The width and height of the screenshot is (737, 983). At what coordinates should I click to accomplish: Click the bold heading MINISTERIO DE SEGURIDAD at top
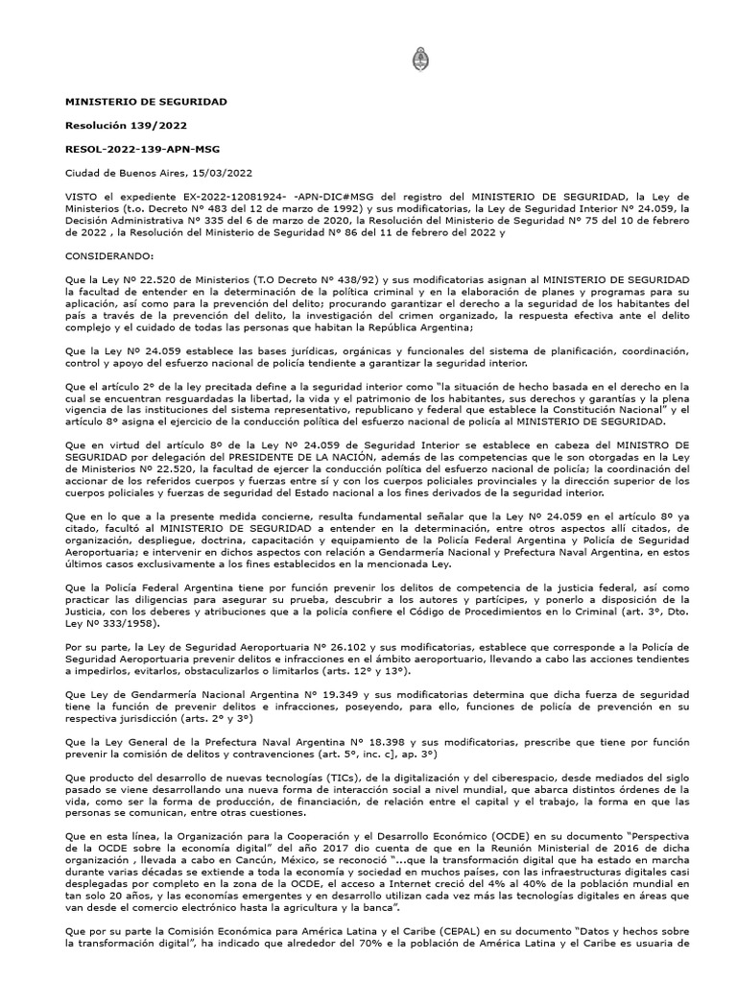click(146, 101)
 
